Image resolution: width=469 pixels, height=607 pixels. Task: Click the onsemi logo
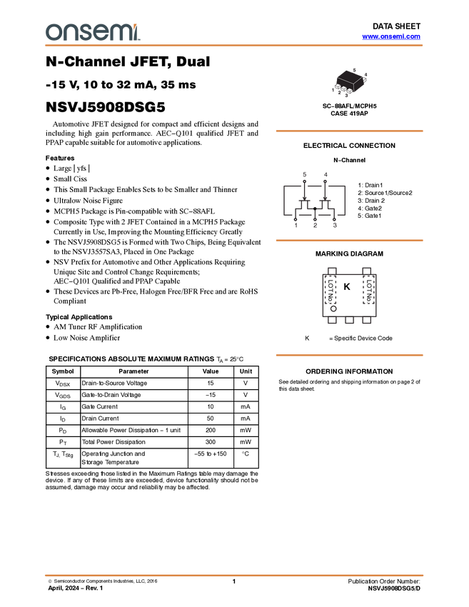point(93,31)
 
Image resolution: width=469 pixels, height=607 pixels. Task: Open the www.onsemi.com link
point(391,36)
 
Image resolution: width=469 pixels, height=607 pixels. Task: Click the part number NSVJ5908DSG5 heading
point(105,107)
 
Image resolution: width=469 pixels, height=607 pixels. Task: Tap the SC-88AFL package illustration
point(349,82)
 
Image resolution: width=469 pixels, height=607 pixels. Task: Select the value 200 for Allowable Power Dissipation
point(211,430)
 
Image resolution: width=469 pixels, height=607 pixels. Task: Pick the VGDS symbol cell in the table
point(63,395)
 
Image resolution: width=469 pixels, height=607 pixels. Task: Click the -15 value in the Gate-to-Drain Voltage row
point(211,395)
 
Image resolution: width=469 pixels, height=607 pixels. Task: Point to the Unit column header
point(246,371)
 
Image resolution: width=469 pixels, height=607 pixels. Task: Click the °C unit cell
point(246,453)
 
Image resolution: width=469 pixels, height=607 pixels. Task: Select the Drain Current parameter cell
point(100,418)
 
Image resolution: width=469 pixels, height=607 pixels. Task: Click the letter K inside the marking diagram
point(347,287)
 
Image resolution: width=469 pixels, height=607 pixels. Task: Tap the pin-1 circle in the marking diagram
point(333,308)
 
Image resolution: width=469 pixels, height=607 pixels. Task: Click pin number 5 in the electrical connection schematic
point(305,174)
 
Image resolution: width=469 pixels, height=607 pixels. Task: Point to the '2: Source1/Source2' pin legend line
point(385,193)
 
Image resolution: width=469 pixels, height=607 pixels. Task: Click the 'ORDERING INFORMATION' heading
point(349,371)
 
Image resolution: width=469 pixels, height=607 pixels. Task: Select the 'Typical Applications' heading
point(79,317)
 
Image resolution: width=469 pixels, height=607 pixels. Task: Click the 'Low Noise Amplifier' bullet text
point(86,338)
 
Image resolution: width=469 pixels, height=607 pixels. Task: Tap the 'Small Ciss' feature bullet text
point(70,179)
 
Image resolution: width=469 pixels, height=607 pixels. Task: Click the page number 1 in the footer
point(233,581)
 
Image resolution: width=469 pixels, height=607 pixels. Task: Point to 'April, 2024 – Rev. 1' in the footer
point(76,588)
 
